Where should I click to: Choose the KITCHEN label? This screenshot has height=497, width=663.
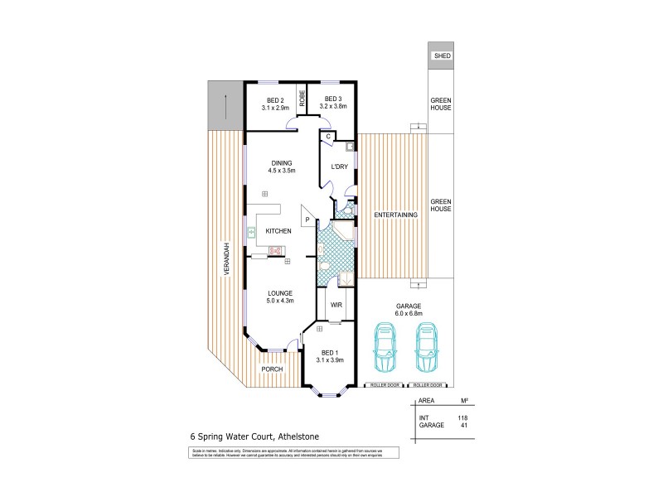coord(278,231)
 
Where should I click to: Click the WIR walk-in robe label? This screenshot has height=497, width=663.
coord(336,305)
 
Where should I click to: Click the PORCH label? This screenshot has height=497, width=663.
coord(273,369)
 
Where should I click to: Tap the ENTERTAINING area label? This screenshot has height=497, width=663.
coord(394,215)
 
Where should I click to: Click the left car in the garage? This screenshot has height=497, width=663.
coord(385,345)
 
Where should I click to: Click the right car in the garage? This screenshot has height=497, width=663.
coord(427,345)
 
